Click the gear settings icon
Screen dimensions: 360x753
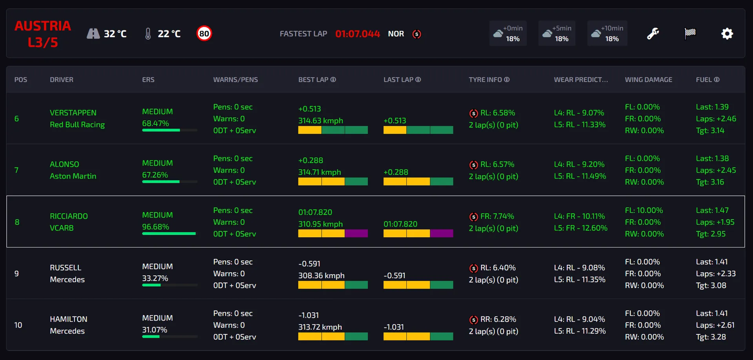[x=727, y=34]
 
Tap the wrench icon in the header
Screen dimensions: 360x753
[x=653, y=34]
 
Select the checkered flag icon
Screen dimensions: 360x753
[x=690, y=33]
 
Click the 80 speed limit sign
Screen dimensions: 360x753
[x=204, y=34]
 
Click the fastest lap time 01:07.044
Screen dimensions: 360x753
[x=357, y=34]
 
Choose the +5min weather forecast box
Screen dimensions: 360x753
[x=557, y=34]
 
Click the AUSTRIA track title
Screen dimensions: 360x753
[x=43, y=26]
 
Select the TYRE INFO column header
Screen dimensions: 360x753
[x=489, y=80]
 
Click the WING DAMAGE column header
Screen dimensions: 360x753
[x=648, y=80]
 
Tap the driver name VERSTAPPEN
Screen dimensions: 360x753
[x=73, y=113]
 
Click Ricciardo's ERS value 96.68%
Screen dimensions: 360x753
[x=155, y=227]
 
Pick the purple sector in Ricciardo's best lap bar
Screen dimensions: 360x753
[x=356, y=234]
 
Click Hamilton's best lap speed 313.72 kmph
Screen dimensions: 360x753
[x=320, y=327]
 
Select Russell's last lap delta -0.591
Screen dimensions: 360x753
[x=394, y=276]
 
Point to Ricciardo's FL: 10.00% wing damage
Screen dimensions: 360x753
[x=644, y=211]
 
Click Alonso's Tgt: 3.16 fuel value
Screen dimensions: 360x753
[x=710, y=182]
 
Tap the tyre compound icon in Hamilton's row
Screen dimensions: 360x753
[x=474, y=320]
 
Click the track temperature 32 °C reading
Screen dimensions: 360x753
[x=115, y=34]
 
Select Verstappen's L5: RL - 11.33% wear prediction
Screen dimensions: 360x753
[x=580, y=125]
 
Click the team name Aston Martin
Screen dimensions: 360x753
[x=73, y=176]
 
